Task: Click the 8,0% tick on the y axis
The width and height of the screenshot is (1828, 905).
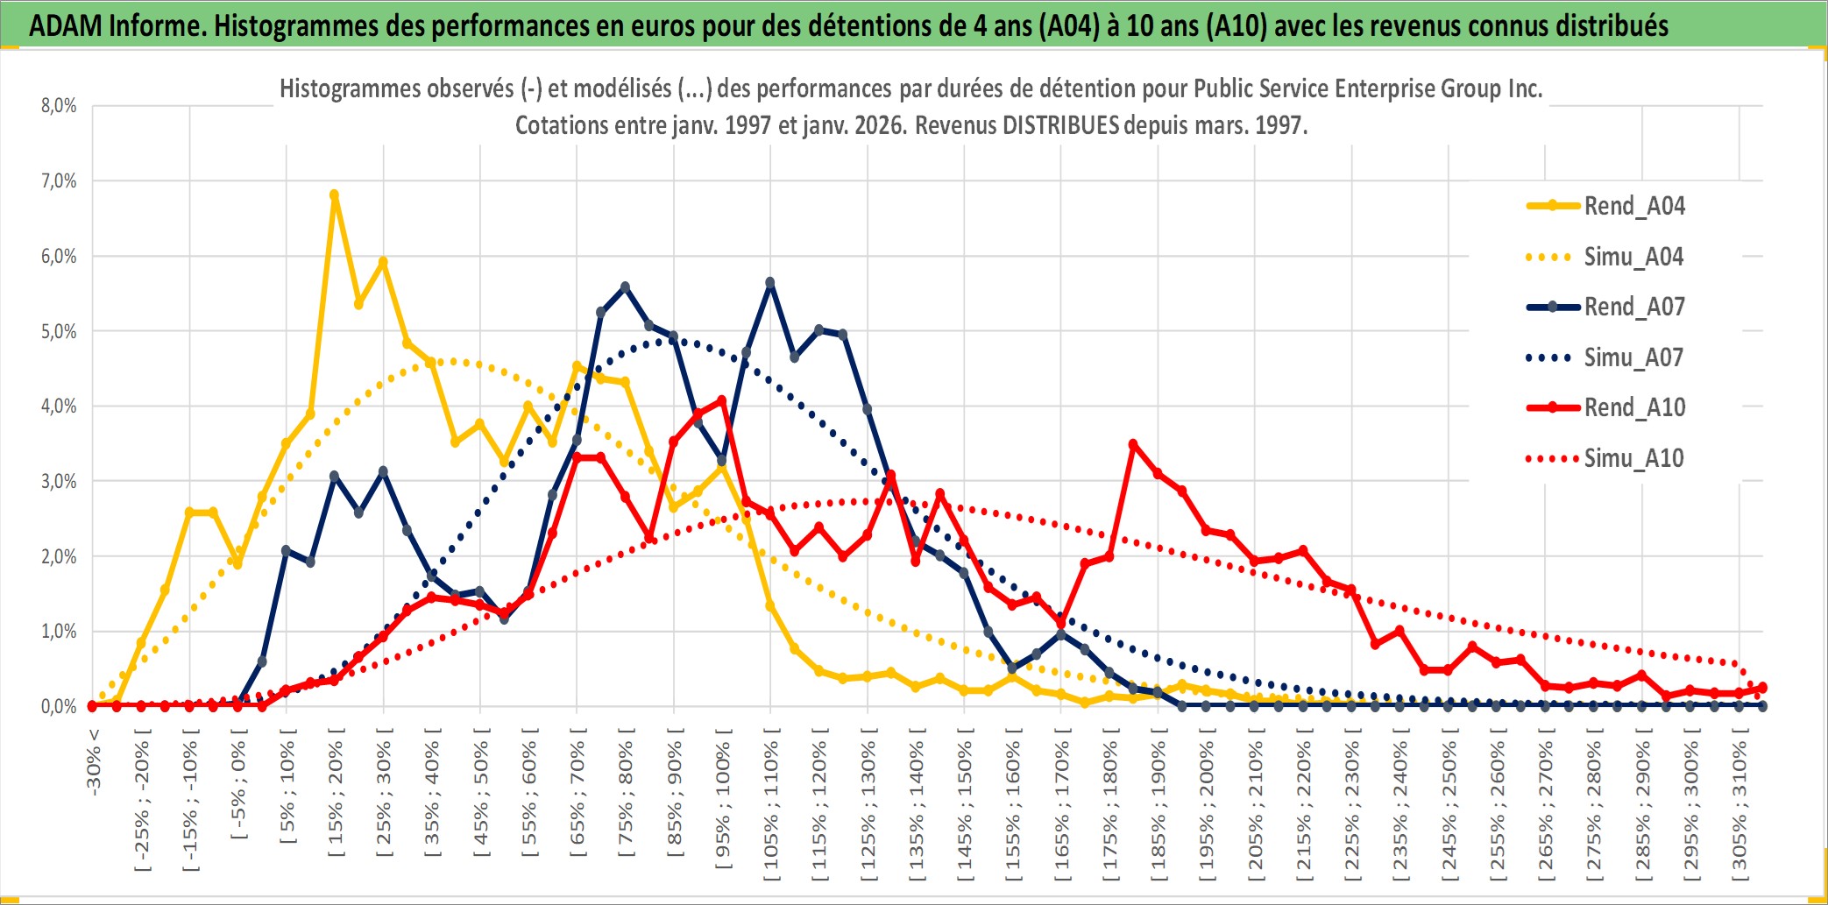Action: pyautogui.click(x=59, y=106)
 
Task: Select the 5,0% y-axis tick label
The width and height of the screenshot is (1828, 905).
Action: pyautogui.click(x=59, y=332)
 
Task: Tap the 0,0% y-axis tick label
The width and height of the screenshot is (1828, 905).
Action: pyautogui.click(x=59, y=706)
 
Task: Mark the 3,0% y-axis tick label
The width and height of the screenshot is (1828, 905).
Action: pyautogui.click(x=59, y=482)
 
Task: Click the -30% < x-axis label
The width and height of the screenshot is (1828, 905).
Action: pyautogui.click(x=94, y=762)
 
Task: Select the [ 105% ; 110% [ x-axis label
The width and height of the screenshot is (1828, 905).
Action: pyautogui.click(x=771, y=806)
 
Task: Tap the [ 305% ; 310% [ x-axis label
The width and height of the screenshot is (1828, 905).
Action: pyautogui.click(x=1739, y=806)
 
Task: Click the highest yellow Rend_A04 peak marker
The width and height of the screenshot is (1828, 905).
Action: pyautogui.click(x=334, y=195)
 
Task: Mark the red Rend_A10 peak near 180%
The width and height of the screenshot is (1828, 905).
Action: pyautogui.click(x=1133, y=445)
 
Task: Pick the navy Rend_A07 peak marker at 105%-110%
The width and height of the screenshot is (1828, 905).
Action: pyautogui.click(x=770, y=283)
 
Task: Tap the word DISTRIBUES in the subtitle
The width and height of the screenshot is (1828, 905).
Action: pyautogui.click(x=1060, y=125)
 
